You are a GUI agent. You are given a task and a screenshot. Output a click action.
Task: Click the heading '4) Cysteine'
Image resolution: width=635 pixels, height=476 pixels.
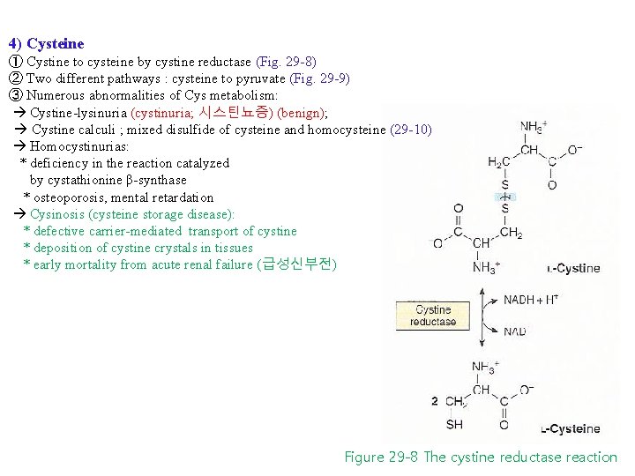click(46, 43)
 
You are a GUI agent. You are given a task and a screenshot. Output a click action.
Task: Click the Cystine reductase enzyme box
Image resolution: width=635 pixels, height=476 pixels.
click(433, 316)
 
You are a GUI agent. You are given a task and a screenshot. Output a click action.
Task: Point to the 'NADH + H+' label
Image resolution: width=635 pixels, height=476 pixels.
click(530, 300)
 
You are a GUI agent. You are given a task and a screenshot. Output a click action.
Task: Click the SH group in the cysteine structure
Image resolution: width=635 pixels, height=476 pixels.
click(454, 425)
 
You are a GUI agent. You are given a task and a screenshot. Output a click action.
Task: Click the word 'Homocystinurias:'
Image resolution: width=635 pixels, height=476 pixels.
click(79, 146)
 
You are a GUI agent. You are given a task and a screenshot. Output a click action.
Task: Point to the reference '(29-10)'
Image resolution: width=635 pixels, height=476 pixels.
click(410, 130)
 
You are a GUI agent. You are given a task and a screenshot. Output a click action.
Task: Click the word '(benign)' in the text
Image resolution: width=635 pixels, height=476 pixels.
click(300, 113)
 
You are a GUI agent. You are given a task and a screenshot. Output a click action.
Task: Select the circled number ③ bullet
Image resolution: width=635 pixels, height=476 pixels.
click(15, 95)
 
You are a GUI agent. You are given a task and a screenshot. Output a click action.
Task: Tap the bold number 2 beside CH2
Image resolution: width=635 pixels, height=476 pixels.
click(435, 401)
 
